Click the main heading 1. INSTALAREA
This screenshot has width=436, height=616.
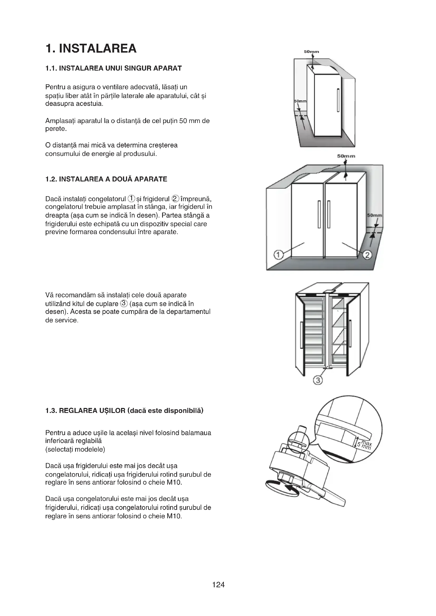coord(91,48)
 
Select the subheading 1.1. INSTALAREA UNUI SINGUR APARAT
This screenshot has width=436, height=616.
coord(114,68)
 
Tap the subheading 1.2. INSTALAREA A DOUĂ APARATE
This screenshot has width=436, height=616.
coord(106,179)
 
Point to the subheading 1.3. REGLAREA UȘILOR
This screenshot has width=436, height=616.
coord(124,411)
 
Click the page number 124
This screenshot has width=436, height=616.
coord(218,585)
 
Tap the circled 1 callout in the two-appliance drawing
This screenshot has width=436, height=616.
coord(278,255)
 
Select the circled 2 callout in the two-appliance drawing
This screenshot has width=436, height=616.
coord(367,255)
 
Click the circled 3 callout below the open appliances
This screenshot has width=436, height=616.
coord(318,380)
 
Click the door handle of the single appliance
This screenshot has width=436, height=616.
coord(338,100)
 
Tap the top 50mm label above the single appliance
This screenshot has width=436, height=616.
coord(311,52)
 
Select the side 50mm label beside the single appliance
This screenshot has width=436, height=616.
coord(301,101)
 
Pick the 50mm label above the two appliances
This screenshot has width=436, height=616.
coord(346,156)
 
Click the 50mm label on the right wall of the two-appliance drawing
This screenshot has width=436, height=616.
coord(375,215)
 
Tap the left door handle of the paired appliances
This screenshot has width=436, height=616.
coord(319,214)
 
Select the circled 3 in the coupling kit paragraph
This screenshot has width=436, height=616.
coord(124,303)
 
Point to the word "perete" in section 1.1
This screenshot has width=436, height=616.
coord(55,129)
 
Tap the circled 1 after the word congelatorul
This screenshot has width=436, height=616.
coord(131,199)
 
